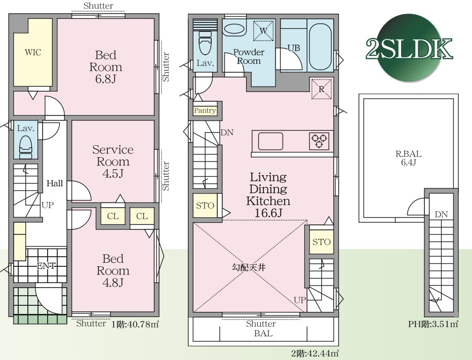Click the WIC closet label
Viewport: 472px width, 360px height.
point(33,52)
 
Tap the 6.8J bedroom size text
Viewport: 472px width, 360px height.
point(106,79)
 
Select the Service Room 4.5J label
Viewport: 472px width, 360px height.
point(113,162)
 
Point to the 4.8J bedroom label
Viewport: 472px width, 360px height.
point(113,271)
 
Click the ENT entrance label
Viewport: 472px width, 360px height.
point(46,266)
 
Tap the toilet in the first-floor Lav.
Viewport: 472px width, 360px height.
point(26,147)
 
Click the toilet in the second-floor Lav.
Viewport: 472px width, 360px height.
point(205,44)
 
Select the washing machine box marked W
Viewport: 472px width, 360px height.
point(263,30)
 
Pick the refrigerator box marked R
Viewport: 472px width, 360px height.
point(321,89)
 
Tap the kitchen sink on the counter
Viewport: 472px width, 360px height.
point(270,141)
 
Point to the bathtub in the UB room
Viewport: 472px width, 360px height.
point(320,46)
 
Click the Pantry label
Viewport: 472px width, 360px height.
point(205,110)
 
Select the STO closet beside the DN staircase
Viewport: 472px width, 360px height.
point(205,206)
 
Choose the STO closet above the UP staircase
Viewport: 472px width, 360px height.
point(322,242)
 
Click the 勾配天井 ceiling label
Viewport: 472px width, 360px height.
point(249,267)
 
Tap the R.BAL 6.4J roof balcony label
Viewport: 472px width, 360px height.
point(408,158)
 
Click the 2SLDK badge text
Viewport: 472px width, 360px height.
point(409,49)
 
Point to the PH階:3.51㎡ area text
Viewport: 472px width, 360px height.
point(433,324)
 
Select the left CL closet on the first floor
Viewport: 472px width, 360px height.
point(113,216)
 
